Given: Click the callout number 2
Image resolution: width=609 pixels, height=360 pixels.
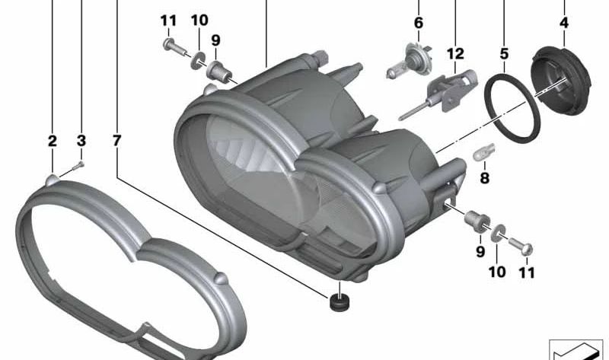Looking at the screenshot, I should coord(52,141).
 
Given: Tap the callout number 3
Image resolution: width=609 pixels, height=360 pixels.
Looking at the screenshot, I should coord(81,141).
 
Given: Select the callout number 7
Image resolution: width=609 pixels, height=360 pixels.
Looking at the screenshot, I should coord(116,141).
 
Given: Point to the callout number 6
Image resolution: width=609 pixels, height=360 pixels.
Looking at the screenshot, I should coord(418,23).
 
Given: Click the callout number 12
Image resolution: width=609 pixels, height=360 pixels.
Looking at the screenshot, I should coord(455,54).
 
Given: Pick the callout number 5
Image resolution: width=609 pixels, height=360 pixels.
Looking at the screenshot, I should coord(504,54).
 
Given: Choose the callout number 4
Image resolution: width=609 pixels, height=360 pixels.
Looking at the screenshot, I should coord(563,23).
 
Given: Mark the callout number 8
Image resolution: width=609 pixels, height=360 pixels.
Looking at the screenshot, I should coord(484,178).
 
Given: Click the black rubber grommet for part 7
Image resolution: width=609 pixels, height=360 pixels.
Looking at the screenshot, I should coord(336,301).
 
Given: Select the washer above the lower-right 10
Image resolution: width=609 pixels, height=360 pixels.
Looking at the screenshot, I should coord(496,231).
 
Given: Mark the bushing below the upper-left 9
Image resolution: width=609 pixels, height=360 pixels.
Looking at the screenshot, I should coord(220,72).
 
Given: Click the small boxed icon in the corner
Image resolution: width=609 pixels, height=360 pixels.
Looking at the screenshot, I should coord(576,349).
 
